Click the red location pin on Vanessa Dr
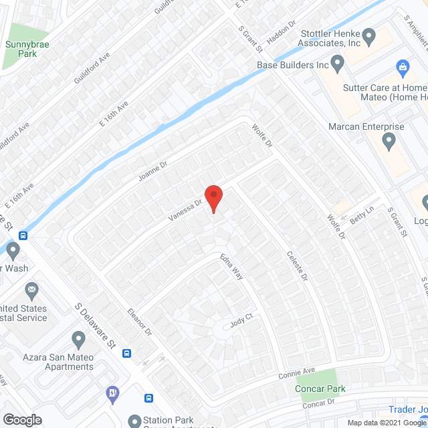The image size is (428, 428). click(x=213, y=198)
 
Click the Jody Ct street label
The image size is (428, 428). click(x=239, y=322)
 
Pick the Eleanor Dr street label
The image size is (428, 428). click(x=140, y=322)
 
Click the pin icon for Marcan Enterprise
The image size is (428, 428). click(x=389, y=141)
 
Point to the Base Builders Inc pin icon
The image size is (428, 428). click(x=337, y=65)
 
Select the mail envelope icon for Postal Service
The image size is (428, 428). click(x=31, y=292)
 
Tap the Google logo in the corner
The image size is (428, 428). click(x=22, y=419)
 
